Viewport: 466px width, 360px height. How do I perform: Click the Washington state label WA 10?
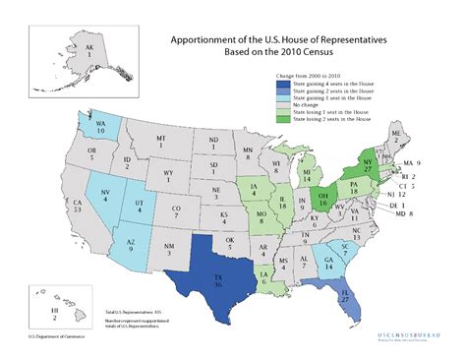click(x=100, y=125)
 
